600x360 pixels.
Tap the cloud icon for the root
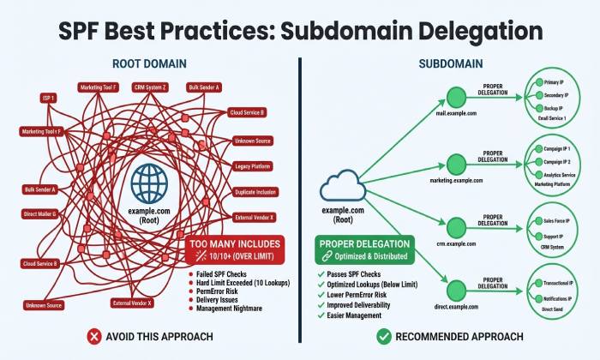tap(342, 188)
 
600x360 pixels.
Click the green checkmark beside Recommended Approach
tap(383, 337)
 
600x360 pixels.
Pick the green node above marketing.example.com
tap(456, 160)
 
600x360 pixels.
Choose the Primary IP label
tap(557, 82)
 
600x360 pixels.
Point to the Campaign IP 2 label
tap(559, 161)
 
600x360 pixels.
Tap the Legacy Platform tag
tap(253, 166)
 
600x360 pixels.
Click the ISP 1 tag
tap(48, 99)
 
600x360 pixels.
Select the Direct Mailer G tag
tap(39, 213)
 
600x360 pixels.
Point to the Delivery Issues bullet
tap(220, 301)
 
